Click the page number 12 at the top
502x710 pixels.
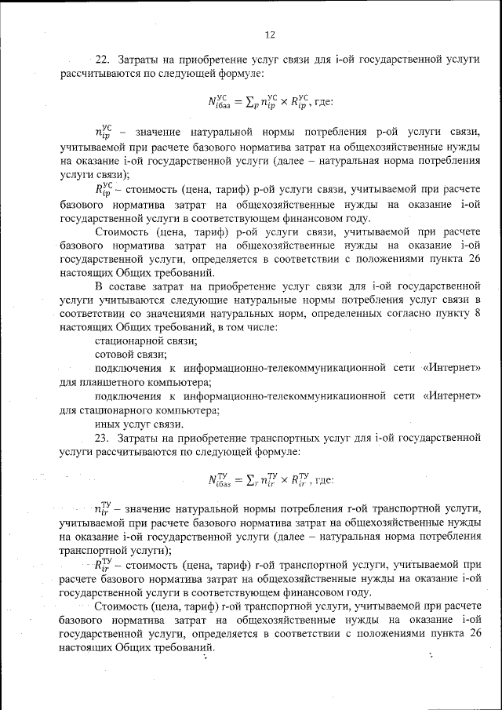(x=271, y=35)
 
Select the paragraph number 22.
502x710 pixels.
(x=101, y=60)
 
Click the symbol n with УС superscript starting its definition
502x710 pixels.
(x=104, y=130)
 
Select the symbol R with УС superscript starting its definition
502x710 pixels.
(x=104, y=188)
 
